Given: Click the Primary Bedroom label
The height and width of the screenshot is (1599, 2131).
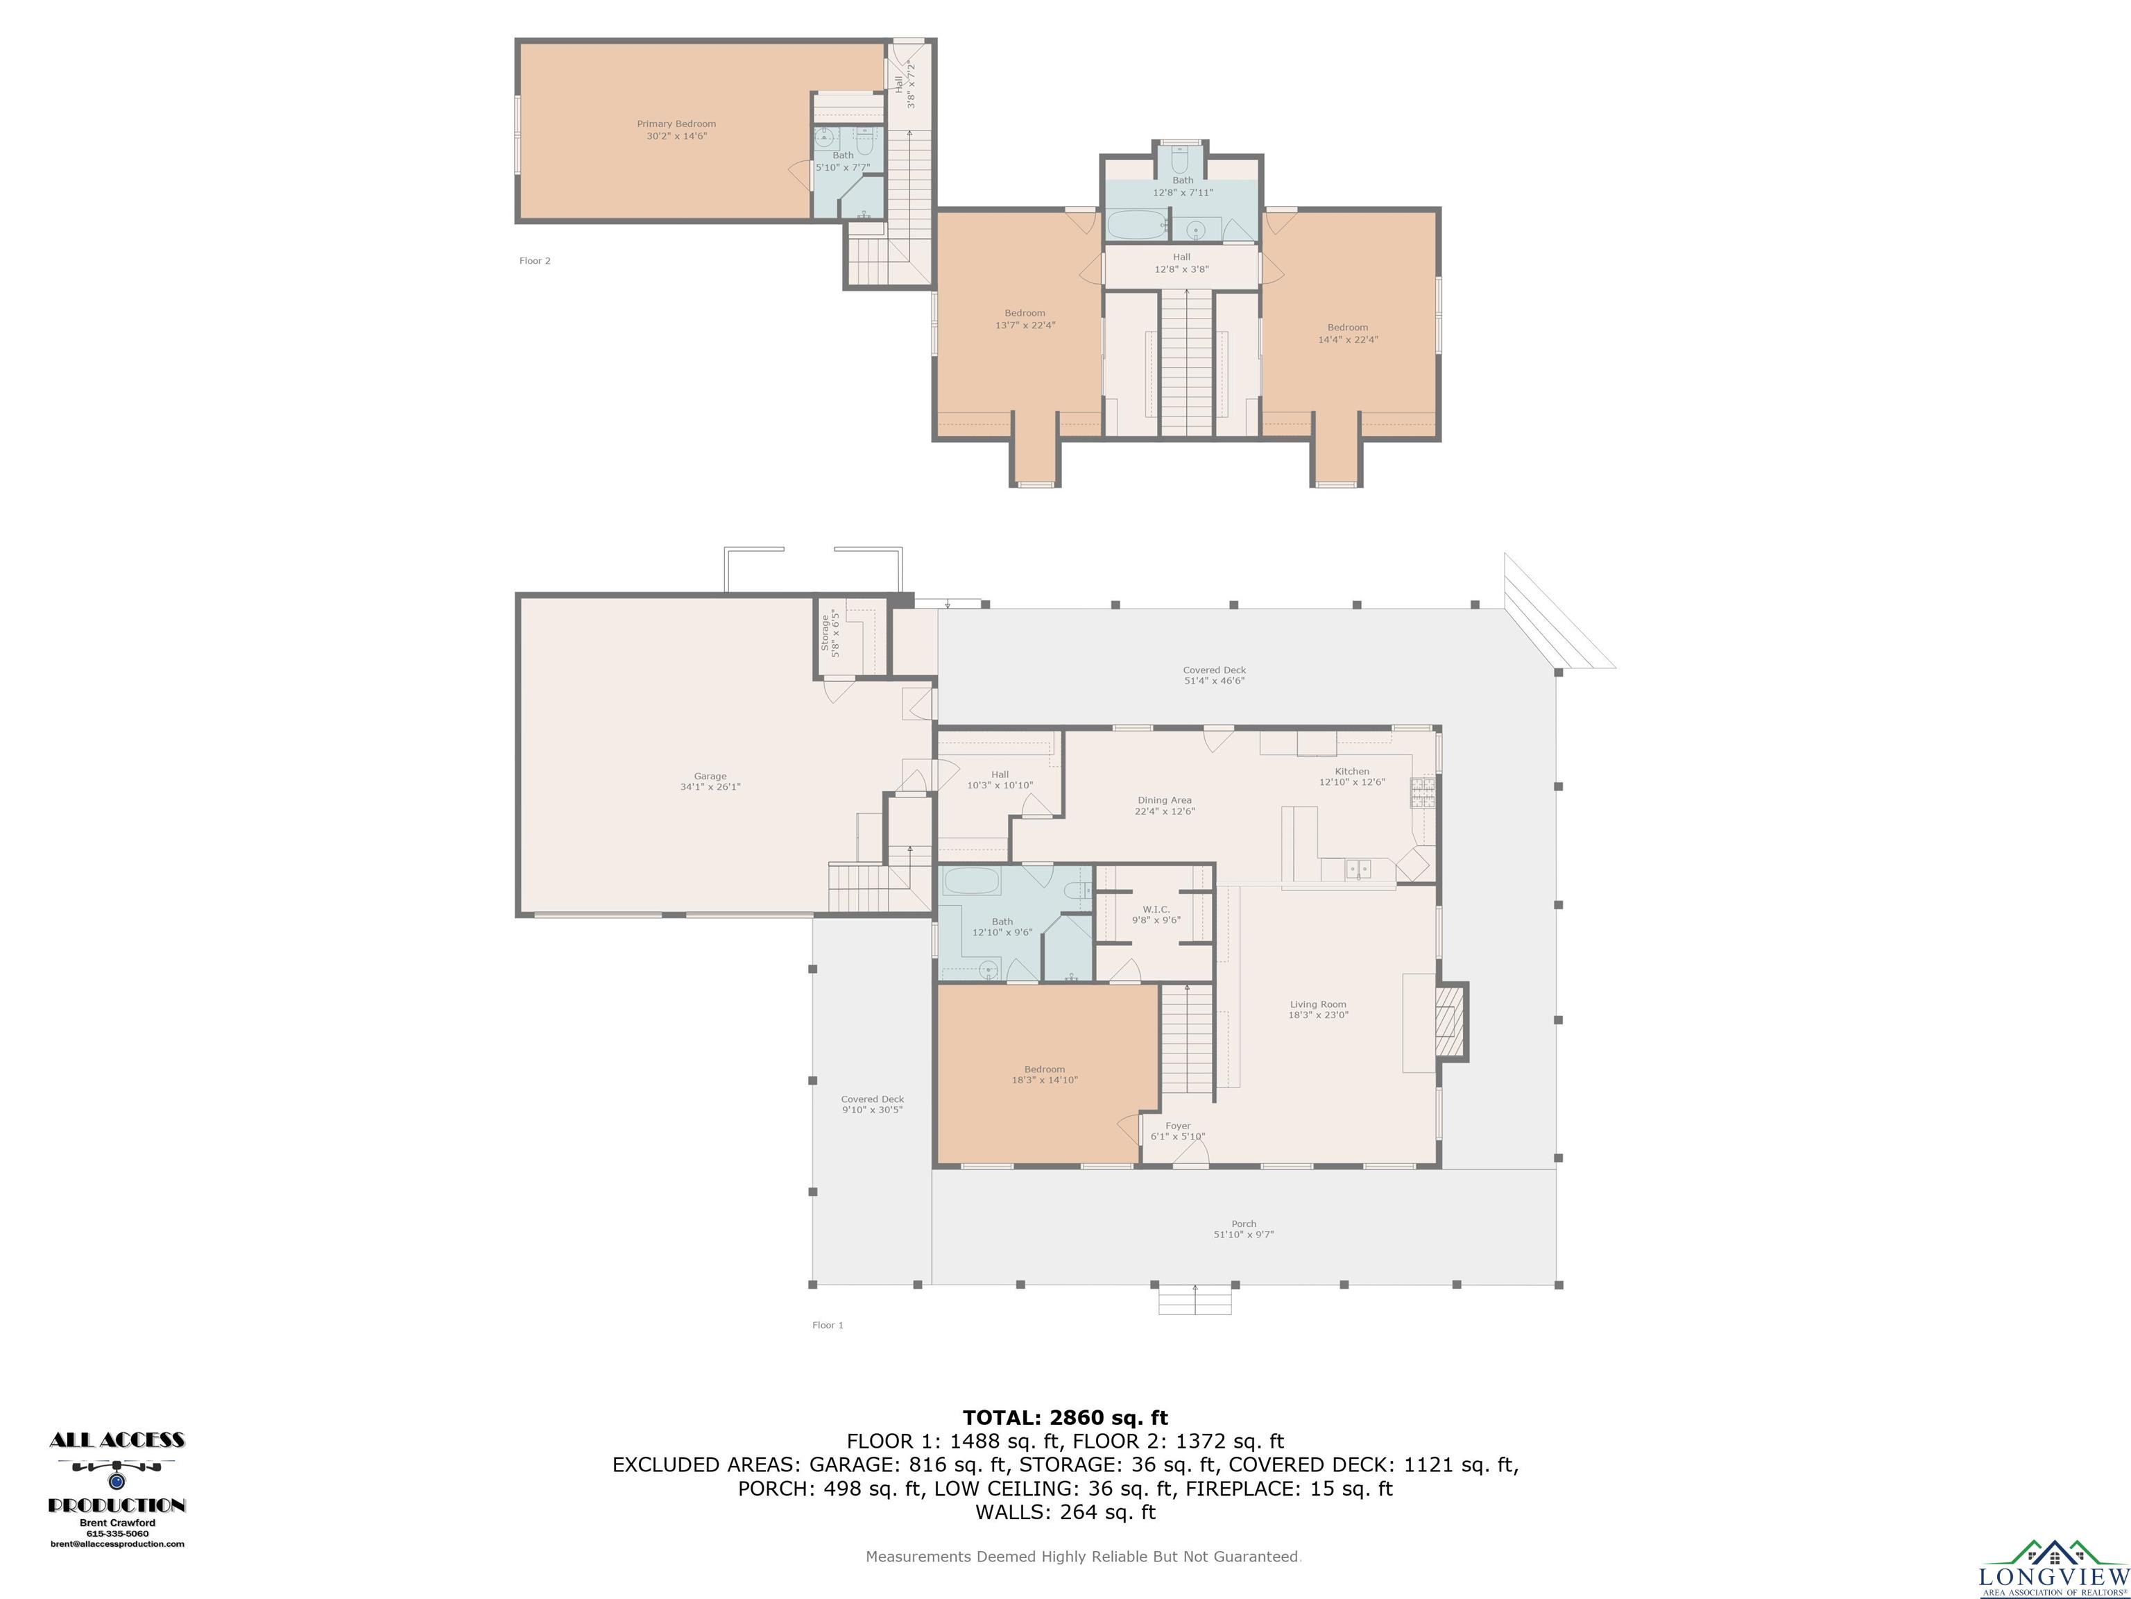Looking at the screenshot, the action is coord(676,124).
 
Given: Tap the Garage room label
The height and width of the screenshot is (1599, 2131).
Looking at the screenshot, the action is coord(710,776).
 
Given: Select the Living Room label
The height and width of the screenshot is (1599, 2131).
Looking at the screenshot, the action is coord(1318,1004).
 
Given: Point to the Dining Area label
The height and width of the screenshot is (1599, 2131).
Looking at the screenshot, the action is coord(1165,800).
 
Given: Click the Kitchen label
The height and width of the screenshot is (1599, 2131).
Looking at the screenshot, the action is coord(1351,771).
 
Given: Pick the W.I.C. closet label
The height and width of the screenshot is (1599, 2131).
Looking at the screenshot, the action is coord(1156,909).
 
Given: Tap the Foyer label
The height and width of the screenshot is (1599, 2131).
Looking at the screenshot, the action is coord(1177,1126).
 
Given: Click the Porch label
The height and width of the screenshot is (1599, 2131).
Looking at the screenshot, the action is coord(1244,1224).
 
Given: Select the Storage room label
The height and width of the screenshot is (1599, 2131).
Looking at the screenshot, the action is coord(825,632).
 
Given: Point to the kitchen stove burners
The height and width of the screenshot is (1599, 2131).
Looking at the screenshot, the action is coord(1423,793).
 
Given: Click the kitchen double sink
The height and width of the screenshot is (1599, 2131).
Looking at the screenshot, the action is coord(1358,870).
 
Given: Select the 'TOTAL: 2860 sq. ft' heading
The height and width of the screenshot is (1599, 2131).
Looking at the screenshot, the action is coord(1065,1418).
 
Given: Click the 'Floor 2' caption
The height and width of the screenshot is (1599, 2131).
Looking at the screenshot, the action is coord(535,260).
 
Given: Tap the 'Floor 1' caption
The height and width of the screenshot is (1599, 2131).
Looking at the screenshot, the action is coord(828,1326).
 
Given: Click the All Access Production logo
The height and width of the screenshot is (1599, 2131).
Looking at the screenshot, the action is coord(117,1490).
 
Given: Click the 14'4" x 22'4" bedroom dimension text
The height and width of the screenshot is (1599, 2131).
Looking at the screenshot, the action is coord(1348,339).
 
